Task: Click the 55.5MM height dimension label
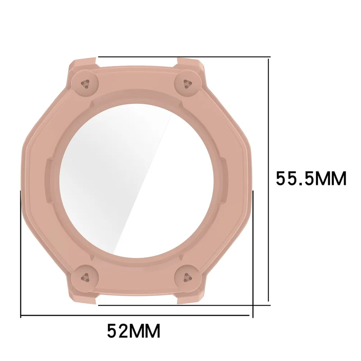click(311, 179)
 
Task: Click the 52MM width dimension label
click(134, 332)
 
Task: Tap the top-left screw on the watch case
click(85, 83)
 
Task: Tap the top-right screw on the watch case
click(187, 82)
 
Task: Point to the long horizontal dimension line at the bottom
click(135, 315)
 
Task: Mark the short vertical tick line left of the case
click(21, 253)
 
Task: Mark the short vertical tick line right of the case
click(254, 253)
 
